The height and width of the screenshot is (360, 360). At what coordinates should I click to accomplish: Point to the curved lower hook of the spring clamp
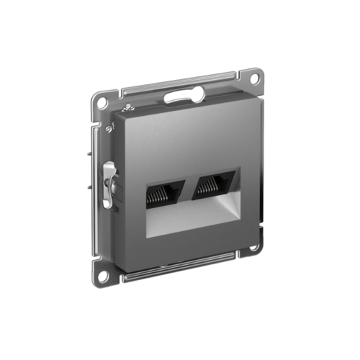[x=108, y=202]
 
